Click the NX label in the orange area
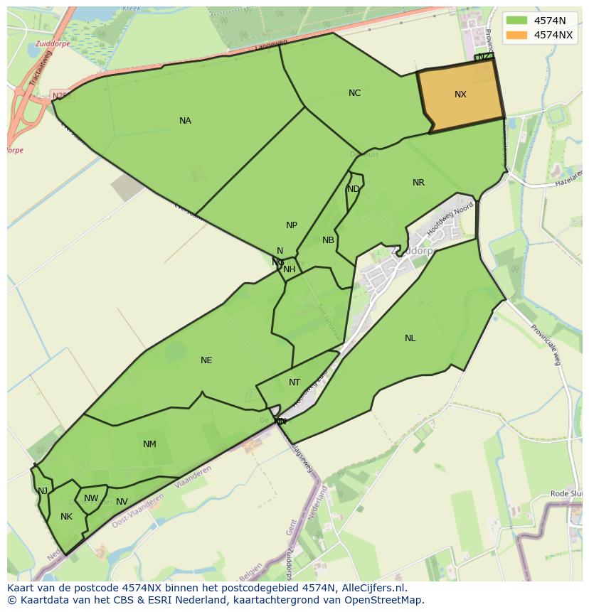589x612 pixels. pyautogui.click(x=460, y=95)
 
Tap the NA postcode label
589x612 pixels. pyautogui.click(x=185, y=121)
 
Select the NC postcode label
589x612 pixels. pyautogui.click(x=354, y=93)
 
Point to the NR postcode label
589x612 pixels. pyautogui.click(x=418, y=183)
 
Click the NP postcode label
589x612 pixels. pyautogui.click(x=292, y=225)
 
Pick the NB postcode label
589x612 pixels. pyautogui.click(x=328, y=240)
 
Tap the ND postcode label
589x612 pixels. pyautogui.click(x=354, y=189)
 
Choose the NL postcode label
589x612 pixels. pyautogui.click(x=410, y=338)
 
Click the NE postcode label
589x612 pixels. pyautogui.click(x=206, y=360)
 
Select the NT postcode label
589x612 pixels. pyautogui.click(x=294, y=382)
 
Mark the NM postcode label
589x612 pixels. pyautogui.click(x=149, y=444)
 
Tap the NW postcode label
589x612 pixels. pyautogui.click(x=91, y=498)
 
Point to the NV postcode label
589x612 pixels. pyautogui.click(x=122, y=502)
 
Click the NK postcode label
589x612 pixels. pyautogui.click(x=66, y=517)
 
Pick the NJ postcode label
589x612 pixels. pyautogui.click(x=43, y=491)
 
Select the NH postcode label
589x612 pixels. pyautogui.click(x=290, y=269)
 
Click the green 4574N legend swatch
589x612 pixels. pyautogui.click(x=517, y=21)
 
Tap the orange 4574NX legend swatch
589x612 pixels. pyautogui.click(x=517, y=35)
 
